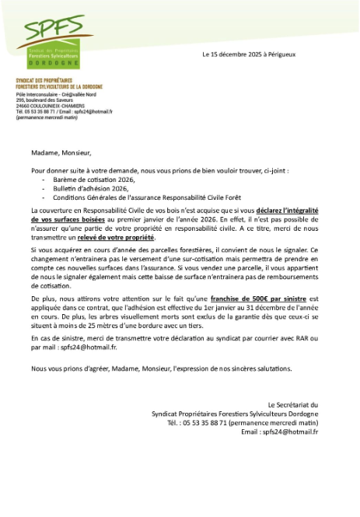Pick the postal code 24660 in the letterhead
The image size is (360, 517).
23,106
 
